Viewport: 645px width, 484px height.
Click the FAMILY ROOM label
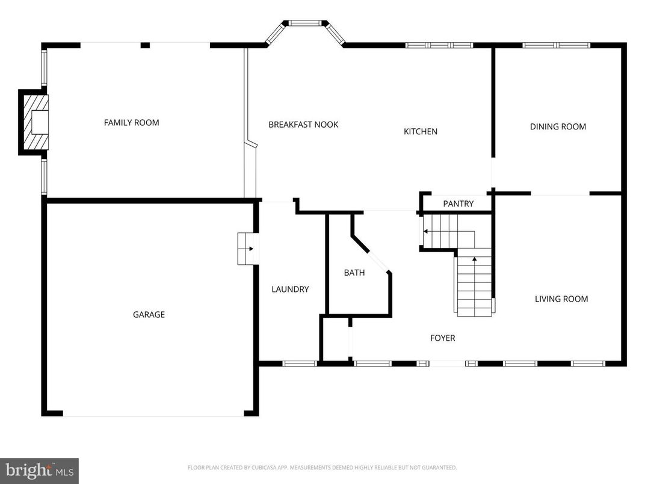(x=131, y=123)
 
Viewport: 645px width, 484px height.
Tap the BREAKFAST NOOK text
(x=303, y=125)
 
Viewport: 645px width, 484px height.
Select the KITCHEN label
(x=420, y=131)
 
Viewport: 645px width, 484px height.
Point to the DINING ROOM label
(x=558, y=126)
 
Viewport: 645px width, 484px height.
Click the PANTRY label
(x=458, y=204)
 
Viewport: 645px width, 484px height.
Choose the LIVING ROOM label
(x=561, y=299)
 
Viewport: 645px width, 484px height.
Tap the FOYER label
(x=442, y=338)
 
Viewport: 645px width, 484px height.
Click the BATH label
(x=354, y=273)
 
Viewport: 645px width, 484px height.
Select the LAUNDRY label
(x=290, y=289)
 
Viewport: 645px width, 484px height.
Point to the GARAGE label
(x=149, y=314)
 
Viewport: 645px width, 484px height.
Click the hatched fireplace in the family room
(x=34, y=123)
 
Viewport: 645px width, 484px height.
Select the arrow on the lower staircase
(x=475, y=260)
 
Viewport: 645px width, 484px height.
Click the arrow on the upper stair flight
(x=425, y=231)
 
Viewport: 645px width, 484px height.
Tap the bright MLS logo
(x=39, y=470)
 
